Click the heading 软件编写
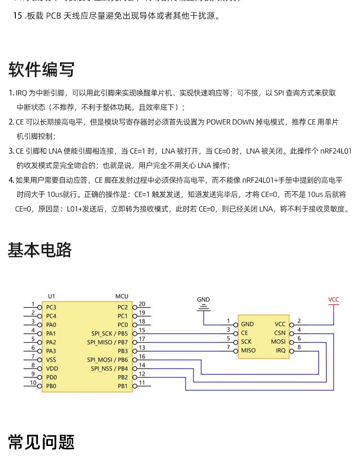(x=41, y=70)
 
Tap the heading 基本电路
(x=40, y=250)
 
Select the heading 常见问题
(x=41, y=442)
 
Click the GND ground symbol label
(x=204, y=300)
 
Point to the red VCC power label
(x=334, y=300)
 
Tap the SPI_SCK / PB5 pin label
(x=109, y=333)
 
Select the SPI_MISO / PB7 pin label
(x=108, y=342)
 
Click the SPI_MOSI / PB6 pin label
(x=108, y=359)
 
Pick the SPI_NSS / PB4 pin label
(x=109, y=368)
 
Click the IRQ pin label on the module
(x=281, y=351)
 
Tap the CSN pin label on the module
(x=280, y=333)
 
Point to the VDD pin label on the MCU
(x=51, y=368)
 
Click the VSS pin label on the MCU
(x=51, y=359)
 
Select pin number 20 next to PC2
(x=142, y=304)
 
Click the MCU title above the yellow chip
(x=122, y=297)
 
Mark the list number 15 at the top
(x=17, y=16)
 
